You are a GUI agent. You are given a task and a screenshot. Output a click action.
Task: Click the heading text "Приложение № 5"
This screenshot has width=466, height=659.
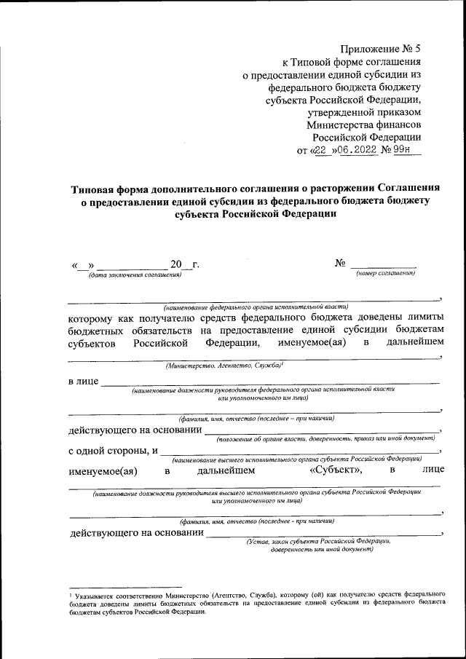point(381,49)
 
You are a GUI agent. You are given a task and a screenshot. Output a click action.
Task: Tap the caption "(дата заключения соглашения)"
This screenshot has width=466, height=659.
point(135,274)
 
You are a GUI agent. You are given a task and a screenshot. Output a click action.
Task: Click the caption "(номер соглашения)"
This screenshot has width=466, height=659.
point(386,273)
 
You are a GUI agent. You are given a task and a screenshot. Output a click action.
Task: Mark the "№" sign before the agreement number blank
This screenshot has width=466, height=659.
point(339,263)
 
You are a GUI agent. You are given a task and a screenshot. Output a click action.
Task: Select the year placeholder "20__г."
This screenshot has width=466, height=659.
point(184,264)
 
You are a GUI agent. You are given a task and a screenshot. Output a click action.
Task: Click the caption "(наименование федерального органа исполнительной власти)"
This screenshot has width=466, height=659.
point(256,307)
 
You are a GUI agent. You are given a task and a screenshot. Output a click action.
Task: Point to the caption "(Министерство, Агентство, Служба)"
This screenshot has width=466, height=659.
point(224,366)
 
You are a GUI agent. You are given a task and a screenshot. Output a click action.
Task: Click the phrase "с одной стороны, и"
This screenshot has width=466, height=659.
point(114,451)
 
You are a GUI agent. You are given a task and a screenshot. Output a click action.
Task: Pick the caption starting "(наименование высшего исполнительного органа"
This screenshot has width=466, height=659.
point(297,460)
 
